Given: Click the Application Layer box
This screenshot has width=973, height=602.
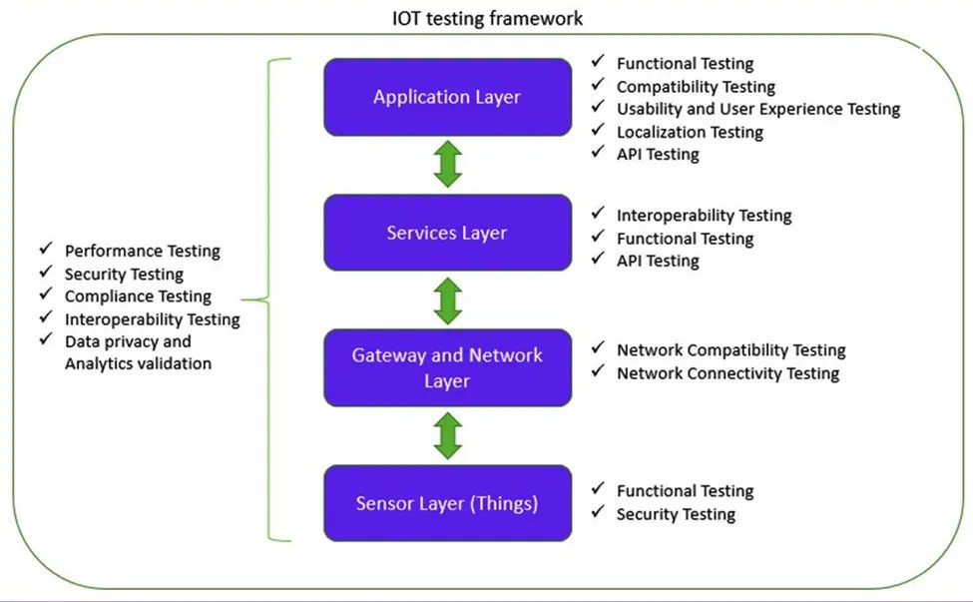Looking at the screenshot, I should click(x=447, y=97).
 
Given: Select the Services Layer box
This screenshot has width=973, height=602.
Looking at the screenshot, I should click(x=447, y=233).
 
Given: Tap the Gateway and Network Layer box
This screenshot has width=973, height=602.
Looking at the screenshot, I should click(x=447, y=367).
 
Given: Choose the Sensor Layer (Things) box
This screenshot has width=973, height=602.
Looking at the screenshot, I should click(x=447, y=503).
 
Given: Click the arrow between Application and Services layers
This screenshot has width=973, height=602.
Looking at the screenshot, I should click(x=448, y=165).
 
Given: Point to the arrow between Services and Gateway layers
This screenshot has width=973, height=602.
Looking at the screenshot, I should click(x=448, y=300).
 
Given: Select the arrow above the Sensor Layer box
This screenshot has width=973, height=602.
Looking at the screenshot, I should click(x=448, y=435).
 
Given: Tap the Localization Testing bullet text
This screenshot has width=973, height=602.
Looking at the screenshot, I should click(x=690, y=132).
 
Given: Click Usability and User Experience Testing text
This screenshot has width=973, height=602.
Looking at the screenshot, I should click(x=758, y=109).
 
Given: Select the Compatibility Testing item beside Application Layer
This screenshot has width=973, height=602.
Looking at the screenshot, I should click(x=696, y=87).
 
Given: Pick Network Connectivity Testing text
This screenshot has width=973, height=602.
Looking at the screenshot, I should click(x=728, y=373).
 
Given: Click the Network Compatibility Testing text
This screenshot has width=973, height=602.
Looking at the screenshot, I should click(x=730, y=350).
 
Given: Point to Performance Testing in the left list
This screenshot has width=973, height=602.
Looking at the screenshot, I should click(x=142, y=252).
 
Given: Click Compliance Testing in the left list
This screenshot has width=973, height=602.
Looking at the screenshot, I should click(x=138, y=297).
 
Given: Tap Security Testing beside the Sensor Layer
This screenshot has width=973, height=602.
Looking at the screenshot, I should click(x=676, y=514).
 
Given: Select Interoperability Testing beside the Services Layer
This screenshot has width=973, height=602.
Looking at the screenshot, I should click(x=704, y=216).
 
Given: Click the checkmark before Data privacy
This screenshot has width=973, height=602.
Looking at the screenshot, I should click(x=45, y=340).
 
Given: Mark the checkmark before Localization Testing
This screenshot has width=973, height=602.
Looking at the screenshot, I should click(x=598, y=129).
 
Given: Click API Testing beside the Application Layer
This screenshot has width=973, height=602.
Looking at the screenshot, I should click(x=658, y=154).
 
